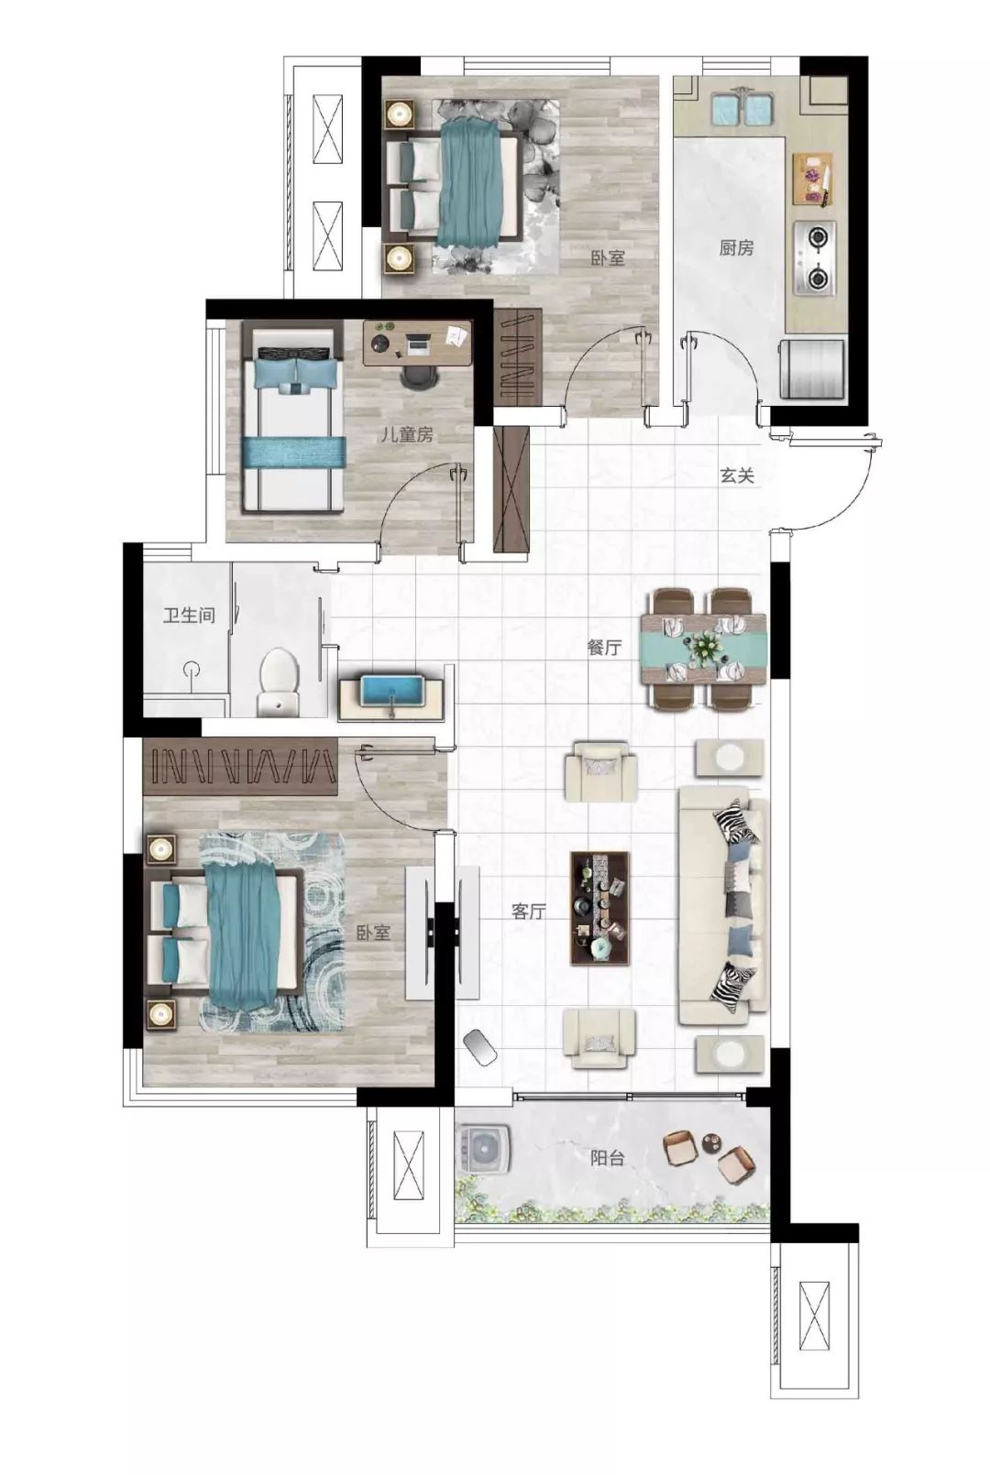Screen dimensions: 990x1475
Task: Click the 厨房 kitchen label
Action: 736,248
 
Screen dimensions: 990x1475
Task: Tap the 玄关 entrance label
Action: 736,475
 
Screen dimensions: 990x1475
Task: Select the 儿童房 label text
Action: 407,434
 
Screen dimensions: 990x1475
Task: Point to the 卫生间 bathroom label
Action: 190,616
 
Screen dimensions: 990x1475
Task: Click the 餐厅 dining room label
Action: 604,648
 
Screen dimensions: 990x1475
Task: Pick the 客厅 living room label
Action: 529,912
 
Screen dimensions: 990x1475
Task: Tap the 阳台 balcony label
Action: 607,1158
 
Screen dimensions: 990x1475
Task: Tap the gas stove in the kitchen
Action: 815,257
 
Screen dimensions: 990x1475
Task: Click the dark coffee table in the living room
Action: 599,908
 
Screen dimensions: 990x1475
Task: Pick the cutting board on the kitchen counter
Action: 813,180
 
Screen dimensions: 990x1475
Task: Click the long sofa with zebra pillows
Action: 723,904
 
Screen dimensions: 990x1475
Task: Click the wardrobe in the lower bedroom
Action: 240,767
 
